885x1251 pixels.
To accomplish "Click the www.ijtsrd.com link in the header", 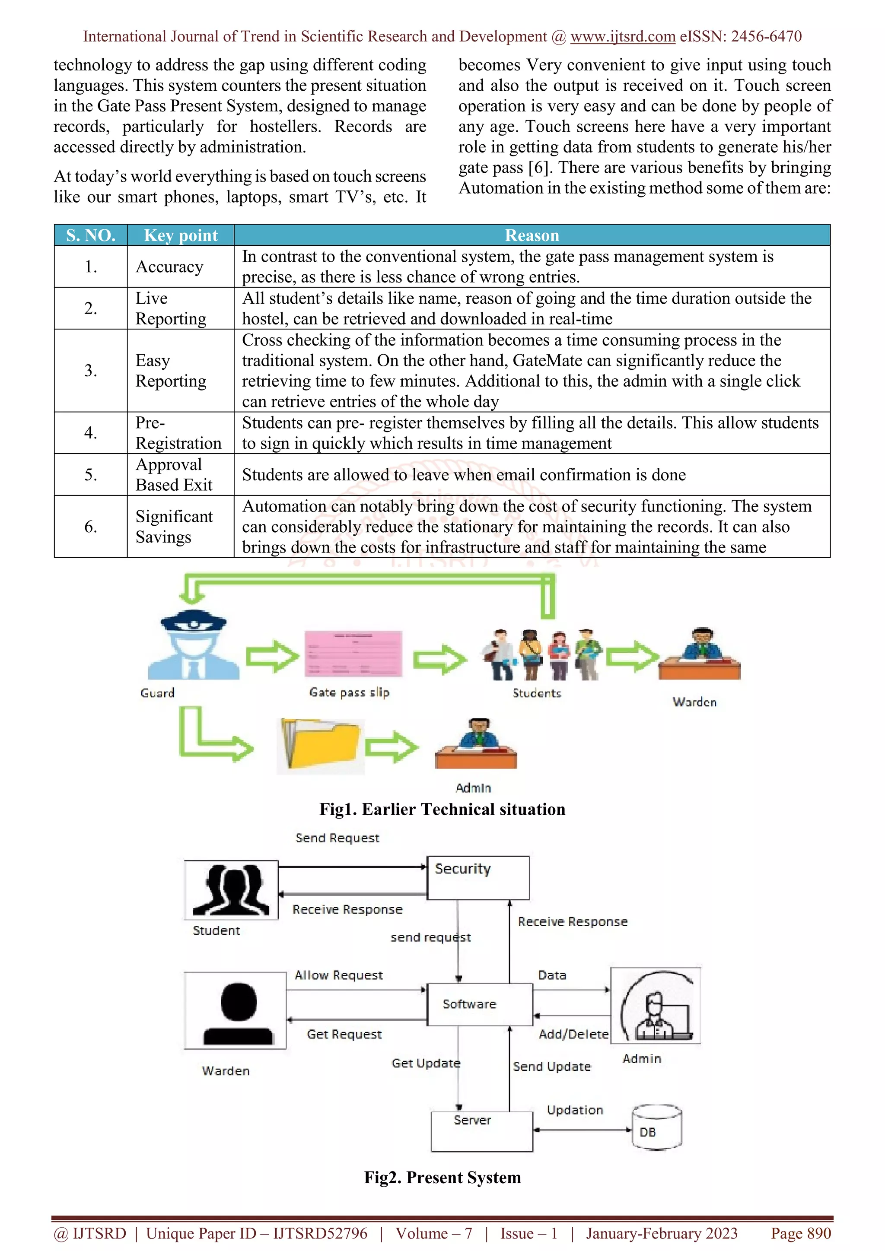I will click(622, 37).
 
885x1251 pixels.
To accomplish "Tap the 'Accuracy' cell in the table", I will click(169, 267).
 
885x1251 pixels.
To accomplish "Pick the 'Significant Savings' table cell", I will click(174, 526).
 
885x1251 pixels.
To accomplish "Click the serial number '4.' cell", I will click(90, 432).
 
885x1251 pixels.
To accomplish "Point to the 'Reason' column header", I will click(532, 235).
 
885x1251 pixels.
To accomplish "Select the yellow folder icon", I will click(321, 745).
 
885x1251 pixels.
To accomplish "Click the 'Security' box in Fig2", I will click(478, 877).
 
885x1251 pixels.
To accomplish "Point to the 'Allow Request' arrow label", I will click(338, 975).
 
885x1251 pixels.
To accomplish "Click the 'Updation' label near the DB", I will click(575, 1110).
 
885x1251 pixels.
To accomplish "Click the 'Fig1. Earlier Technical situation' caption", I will click(442, 809).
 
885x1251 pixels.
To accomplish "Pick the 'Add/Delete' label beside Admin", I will click(573, 1034).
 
